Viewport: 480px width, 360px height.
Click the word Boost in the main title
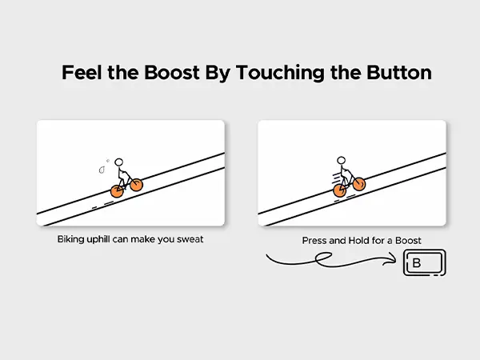(x=172, y=73)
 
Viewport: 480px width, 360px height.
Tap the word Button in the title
(x=399, y=73)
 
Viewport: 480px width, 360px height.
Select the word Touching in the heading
(x=280, y=74)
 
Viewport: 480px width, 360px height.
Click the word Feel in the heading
(x=82, y=73)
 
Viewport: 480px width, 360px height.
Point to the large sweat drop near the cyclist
(x=102, y=170)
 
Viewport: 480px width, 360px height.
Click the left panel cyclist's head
(x=118, y=162)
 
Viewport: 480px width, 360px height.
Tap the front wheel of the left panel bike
(x=136, y=185)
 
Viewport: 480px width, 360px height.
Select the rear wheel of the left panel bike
(x=117, y=191)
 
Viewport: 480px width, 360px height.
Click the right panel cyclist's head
(x=341, y=160)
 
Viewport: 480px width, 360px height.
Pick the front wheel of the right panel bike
(x=358, y=184)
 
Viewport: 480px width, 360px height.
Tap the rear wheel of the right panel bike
(x=339, y=190)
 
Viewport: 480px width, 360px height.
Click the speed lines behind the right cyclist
(x=337, y=178)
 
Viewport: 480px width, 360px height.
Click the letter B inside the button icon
(x=417, y=262)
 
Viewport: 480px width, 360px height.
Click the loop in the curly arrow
(x=323, y=258)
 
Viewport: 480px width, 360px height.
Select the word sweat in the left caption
(x=190, y=239)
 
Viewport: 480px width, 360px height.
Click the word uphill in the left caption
(x=98, y=239)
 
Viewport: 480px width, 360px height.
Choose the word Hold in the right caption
(x=359, y=241)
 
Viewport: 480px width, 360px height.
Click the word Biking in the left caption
(x=70, y=240)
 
